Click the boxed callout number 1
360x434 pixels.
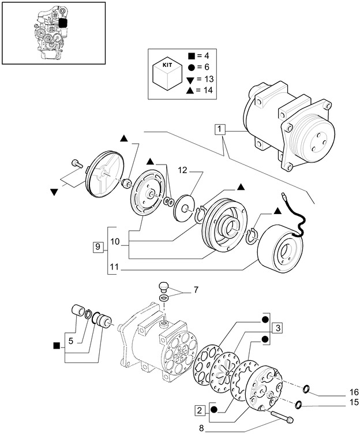219,129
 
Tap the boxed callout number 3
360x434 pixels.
277,328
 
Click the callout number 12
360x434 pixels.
182,171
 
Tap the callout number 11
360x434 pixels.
113,268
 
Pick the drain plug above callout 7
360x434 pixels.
164,286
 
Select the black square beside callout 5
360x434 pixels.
56,346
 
